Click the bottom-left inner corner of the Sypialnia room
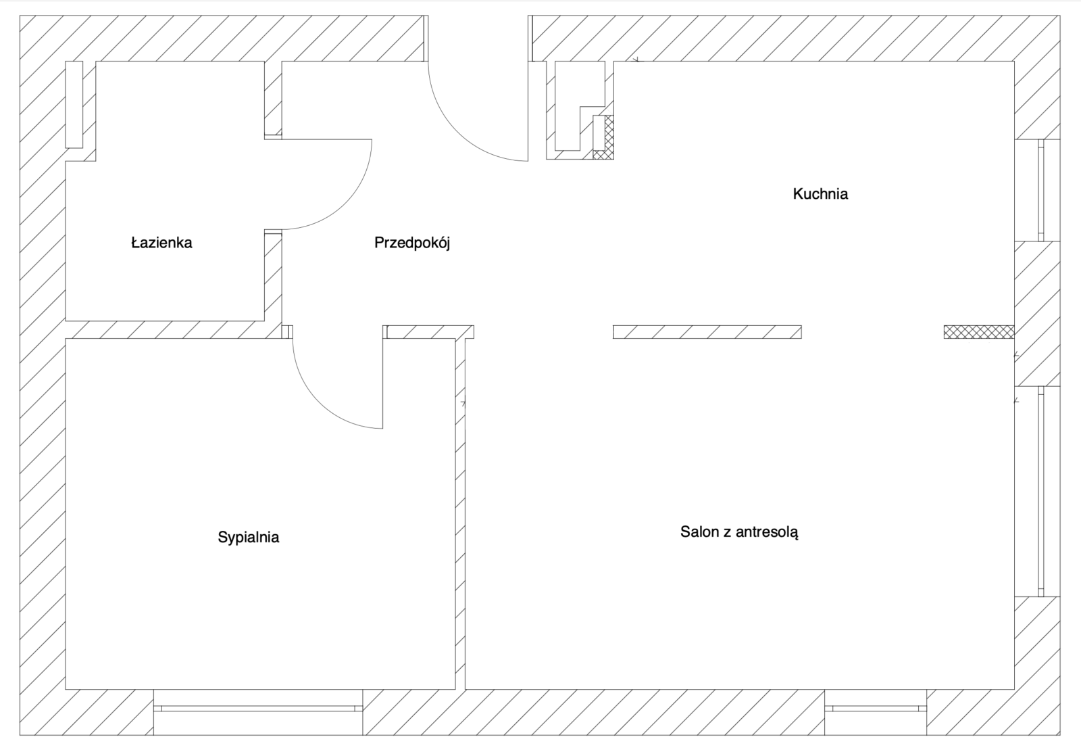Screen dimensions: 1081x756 tap(66, 689)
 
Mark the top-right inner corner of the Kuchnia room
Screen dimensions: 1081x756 tap(1014, 62)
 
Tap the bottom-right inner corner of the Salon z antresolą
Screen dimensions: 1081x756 tap(1014, 689)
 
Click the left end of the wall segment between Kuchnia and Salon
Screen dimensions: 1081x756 tap(614, 332)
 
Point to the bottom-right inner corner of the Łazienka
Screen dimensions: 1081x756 tap(264, 321)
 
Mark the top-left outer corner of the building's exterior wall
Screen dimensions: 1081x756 tap(20, 16)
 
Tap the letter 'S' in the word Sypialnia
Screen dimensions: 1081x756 tap(222, 537)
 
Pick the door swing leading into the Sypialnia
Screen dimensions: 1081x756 tap(319, 402)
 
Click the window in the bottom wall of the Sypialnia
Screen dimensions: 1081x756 tap(258, 709)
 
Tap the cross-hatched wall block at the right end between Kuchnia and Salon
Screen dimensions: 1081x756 tap(979, 332)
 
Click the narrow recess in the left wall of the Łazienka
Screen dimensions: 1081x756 tap(74, 104)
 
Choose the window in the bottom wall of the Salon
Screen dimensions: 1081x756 tap(876, 709)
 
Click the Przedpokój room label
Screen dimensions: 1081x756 tap(412, 243)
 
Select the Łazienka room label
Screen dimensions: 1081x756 tap(161, 243)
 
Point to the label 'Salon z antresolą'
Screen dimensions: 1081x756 tap(739, 532)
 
